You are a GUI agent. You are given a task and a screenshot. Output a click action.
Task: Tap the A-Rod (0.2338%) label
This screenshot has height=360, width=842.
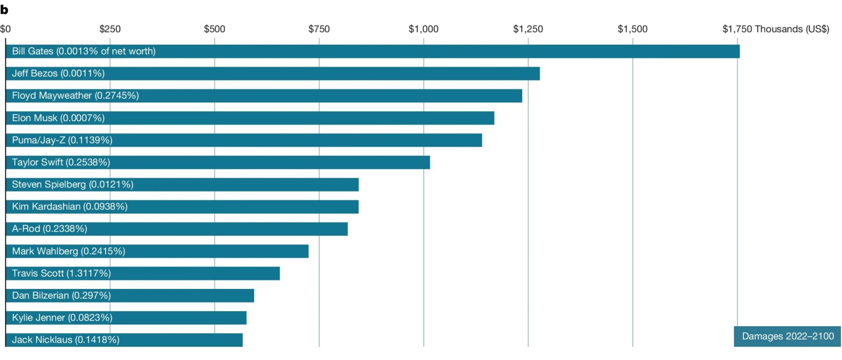49,228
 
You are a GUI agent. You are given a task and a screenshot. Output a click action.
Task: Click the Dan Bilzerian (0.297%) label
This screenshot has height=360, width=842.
61,295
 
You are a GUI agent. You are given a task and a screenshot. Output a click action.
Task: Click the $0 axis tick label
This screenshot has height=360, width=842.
5,29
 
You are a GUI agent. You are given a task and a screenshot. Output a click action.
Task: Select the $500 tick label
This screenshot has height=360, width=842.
215,29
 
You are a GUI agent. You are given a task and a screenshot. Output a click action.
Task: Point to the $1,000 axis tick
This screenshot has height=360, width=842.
423,29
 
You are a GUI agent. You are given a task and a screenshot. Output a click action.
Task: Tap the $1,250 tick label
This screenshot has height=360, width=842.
528,29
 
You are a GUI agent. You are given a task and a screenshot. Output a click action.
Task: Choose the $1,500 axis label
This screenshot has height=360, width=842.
632,29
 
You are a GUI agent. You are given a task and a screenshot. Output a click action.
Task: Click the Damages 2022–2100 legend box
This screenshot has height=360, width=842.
787,336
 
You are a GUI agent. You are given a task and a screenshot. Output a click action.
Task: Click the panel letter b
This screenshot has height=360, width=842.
4,10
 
